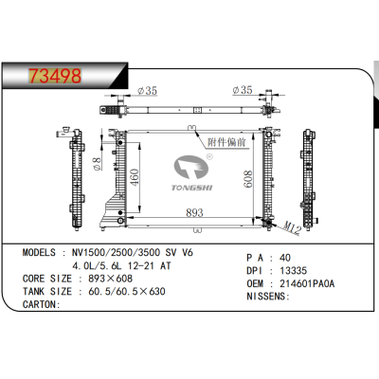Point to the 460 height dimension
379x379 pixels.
(135, 176)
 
